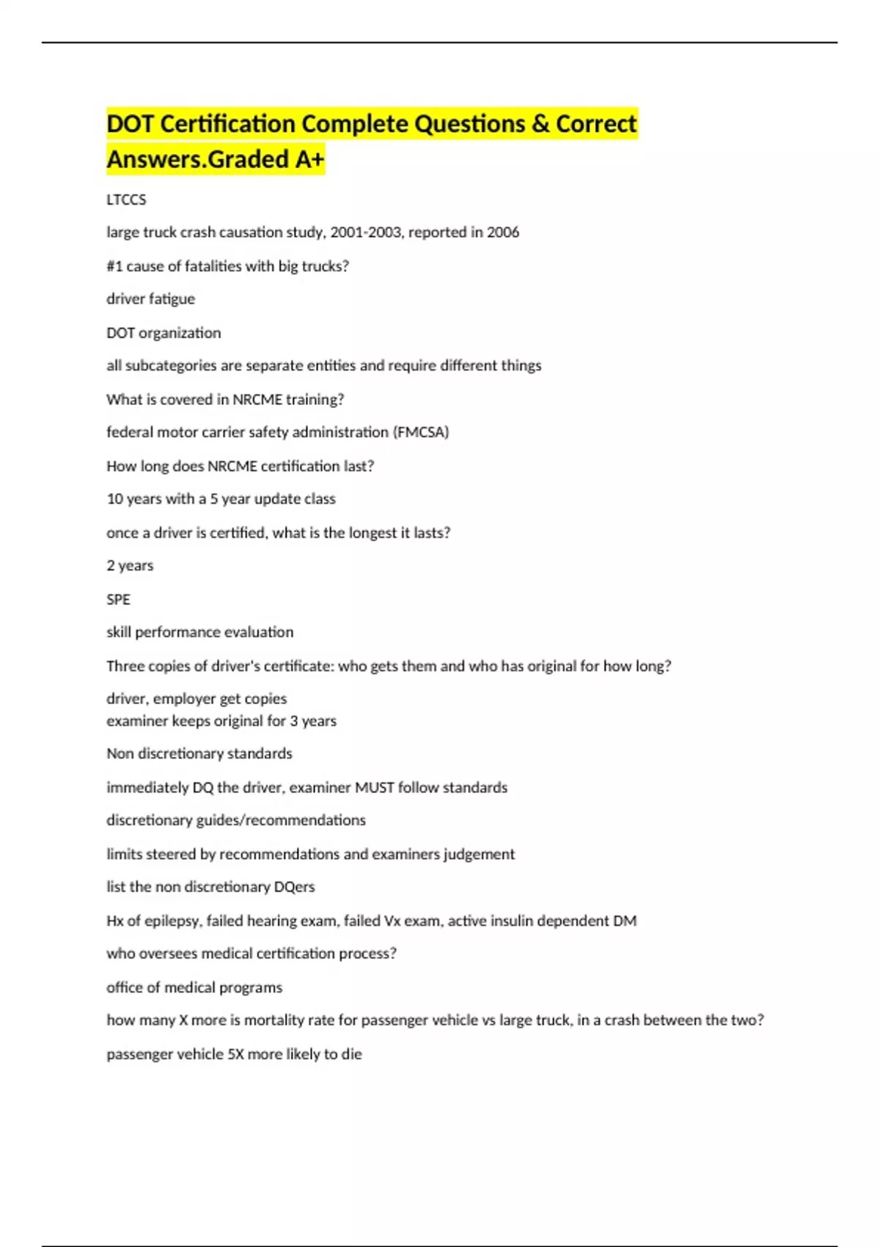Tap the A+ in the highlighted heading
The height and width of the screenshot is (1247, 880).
coord(309,159)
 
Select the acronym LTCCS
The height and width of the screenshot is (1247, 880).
coord(126,200)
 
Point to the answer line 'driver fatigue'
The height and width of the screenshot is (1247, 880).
coord(150,299)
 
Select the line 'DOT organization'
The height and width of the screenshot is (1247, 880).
coord(164,333)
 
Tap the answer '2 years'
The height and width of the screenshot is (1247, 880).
coord(130,566)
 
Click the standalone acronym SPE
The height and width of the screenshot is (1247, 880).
coord(118,599)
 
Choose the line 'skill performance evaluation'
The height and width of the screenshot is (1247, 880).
coord(199,632)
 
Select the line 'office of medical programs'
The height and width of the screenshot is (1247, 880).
coord(194,987)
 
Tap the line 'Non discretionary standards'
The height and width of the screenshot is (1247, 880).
coord(199,754)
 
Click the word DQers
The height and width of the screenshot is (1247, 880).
coord(294,887)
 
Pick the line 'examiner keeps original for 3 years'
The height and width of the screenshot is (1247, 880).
coord(221,721)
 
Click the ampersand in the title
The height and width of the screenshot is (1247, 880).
coord(540,124)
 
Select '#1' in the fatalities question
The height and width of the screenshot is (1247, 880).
coord(114,266)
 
